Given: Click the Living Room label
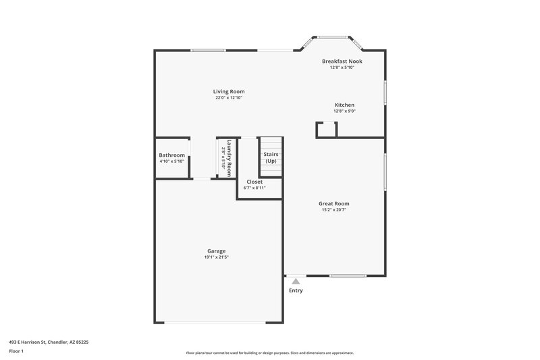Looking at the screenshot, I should pyautogui.click(x=229, y=91).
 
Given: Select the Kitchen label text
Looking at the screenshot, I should pyautogui.click(x=344, y=105).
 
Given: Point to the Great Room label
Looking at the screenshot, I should pyautogui.click(x=334, y=203).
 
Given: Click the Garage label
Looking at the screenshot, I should pyautogui.click(x=216, y=251).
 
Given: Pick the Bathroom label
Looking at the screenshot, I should pyautogui.click(x=171, y=155).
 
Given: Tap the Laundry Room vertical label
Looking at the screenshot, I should pyautogui.click(x=230, y=158).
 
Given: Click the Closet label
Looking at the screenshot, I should pyautogui.click(x=254, y=182).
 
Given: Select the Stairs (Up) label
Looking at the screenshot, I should pyautogui.click(x=271, y=158).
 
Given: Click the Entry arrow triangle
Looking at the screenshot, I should pyautogui.click(x=296, y=281).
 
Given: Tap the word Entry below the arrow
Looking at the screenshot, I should pyautogui.click(x=296, y=290).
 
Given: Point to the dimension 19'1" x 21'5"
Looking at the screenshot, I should pyautogui.click(x=216, y=257).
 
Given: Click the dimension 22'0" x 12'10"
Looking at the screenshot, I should pyautogui.click(x=229, y=98).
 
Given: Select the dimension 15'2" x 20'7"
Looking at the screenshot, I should pyautogui.click(x=334, y=210).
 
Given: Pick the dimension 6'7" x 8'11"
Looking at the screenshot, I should pyautogui.click(x=254, y=188).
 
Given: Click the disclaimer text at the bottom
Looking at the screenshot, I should pyautogui.click(x=270, y=353).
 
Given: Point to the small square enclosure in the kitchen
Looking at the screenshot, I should pyautogui.click(x=326, y=130).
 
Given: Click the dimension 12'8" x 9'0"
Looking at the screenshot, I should pyautogui.click(x=344, y=111).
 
